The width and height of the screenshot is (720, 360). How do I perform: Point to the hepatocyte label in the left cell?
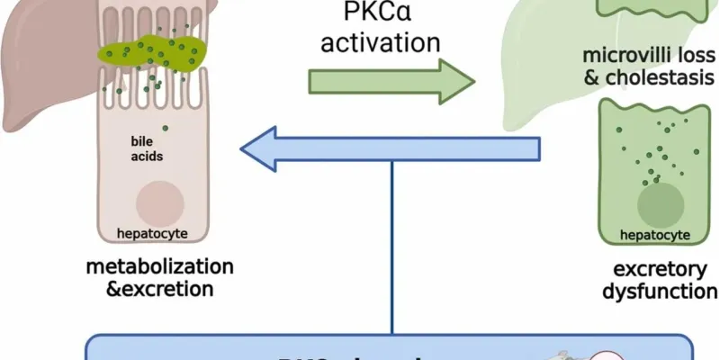click(152, 235)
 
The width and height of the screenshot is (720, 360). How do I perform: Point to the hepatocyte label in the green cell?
click(655, 236)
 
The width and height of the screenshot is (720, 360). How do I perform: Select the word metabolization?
click(160, 267)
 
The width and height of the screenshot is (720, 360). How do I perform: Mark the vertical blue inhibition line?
click(392, 252)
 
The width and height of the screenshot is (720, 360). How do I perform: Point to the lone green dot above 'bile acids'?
click(165, 128)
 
